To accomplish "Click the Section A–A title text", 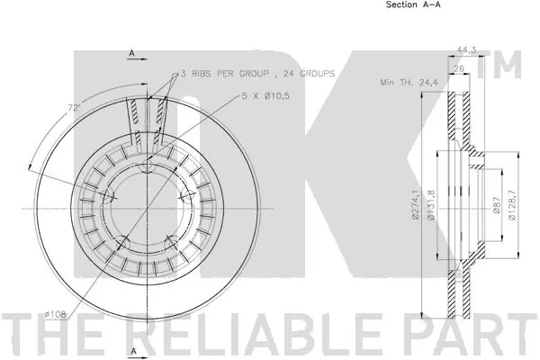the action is (413, 4).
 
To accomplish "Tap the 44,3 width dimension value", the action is (466, 50).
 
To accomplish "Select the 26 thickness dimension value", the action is (459, 68).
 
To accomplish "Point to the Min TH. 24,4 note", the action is (409, 82).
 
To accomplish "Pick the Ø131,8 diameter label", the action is (431, 205).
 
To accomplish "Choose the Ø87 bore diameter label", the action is (496, 205).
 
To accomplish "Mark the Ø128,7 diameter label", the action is (512, 205).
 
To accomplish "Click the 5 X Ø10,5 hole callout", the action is (265, 96).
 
